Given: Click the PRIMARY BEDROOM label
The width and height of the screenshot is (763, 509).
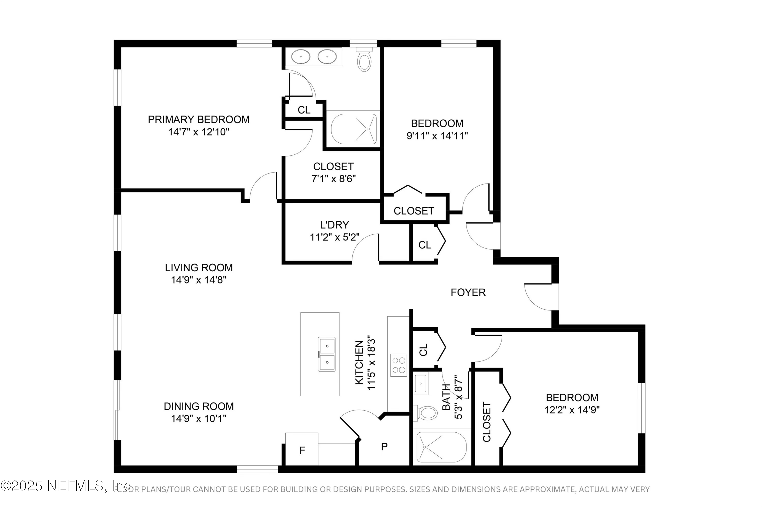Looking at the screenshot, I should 199,119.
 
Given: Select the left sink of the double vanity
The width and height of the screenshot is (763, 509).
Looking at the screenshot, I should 301,57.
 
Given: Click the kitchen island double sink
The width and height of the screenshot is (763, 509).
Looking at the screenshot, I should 327,354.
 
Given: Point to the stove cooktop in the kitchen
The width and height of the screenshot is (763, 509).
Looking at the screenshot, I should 398,365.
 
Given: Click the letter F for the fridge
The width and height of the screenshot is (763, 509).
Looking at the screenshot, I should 302,450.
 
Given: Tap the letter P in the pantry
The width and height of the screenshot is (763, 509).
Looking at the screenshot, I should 384,447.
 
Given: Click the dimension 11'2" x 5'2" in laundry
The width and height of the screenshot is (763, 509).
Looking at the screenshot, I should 334,237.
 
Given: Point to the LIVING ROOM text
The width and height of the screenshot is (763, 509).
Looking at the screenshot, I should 199,267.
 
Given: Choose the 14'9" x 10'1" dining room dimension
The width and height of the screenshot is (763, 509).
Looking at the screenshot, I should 199,418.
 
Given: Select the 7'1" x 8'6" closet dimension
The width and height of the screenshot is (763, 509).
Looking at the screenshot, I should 333,179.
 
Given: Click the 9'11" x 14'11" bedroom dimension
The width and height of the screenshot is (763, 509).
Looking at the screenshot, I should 437,136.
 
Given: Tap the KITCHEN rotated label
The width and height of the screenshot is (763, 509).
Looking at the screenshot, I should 359,363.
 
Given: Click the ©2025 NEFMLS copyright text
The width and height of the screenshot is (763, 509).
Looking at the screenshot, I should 65,486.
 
